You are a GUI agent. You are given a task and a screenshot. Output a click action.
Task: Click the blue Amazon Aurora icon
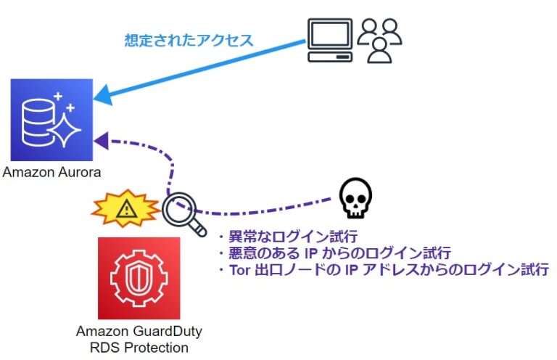tap(51, 119)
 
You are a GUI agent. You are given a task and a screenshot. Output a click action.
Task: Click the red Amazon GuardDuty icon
tap(139, 278)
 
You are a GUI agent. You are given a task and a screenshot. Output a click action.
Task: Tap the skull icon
tap(356, 198)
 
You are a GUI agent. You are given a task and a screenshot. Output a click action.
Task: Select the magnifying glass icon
tap(181, 212)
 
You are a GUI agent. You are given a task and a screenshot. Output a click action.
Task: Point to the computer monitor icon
tap(329, 41)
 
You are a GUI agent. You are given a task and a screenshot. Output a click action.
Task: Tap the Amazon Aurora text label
tap(51, 172)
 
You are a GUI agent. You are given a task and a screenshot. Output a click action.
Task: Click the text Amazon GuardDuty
tap(139, 332)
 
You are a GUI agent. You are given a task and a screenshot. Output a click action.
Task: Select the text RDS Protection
tap(139, 348)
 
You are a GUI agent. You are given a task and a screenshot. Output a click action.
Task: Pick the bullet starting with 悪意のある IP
tap(334, 254)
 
